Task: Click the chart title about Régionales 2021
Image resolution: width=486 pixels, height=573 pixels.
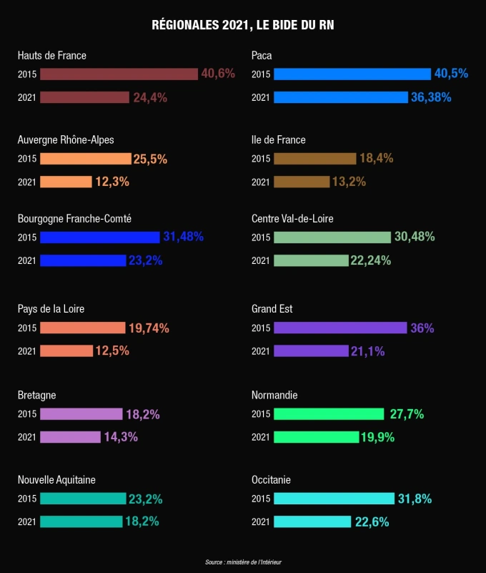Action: pos(243,25)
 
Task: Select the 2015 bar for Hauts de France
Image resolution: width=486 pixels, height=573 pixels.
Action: pos(119,74)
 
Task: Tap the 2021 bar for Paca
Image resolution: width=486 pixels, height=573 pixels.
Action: pos(341,97)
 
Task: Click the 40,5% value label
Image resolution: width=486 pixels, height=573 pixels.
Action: pos(451,74)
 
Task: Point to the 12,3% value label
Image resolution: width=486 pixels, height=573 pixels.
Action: pos(112,182)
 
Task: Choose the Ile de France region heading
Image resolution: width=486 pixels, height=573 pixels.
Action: pos(279,140)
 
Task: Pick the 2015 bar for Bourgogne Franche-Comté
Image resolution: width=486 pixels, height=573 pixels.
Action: pos(100,237)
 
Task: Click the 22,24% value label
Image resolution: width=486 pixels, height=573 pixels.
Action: pos(370,260)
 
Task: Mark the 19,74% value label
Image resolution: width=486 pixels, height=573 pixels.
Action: pos(149,328)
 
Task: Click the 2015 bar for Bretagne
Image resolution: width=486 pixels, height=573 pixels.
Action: pos(81,413)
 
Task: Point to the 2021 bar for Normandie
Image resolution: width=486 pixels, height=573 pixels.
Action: pos(316,436)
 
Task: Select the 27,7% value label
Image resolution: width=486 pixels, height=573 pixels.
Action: pos(407,413)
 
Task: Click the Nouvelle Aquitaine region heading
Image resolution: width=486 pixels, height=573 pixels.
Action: pos(56,479)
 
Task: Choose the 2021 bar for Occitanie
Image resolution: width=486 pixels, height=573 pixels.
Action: pos(312,521)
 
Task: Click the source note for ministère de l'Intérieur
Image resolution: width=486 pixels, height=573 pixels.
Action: pos(243,562)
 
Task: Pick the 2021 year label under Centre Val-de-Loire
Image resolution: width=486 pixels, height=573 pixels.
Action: pos(261,260)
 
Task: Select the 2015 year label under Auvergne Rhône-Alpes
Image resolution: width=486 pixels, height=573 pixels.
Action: pos(26,159)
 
